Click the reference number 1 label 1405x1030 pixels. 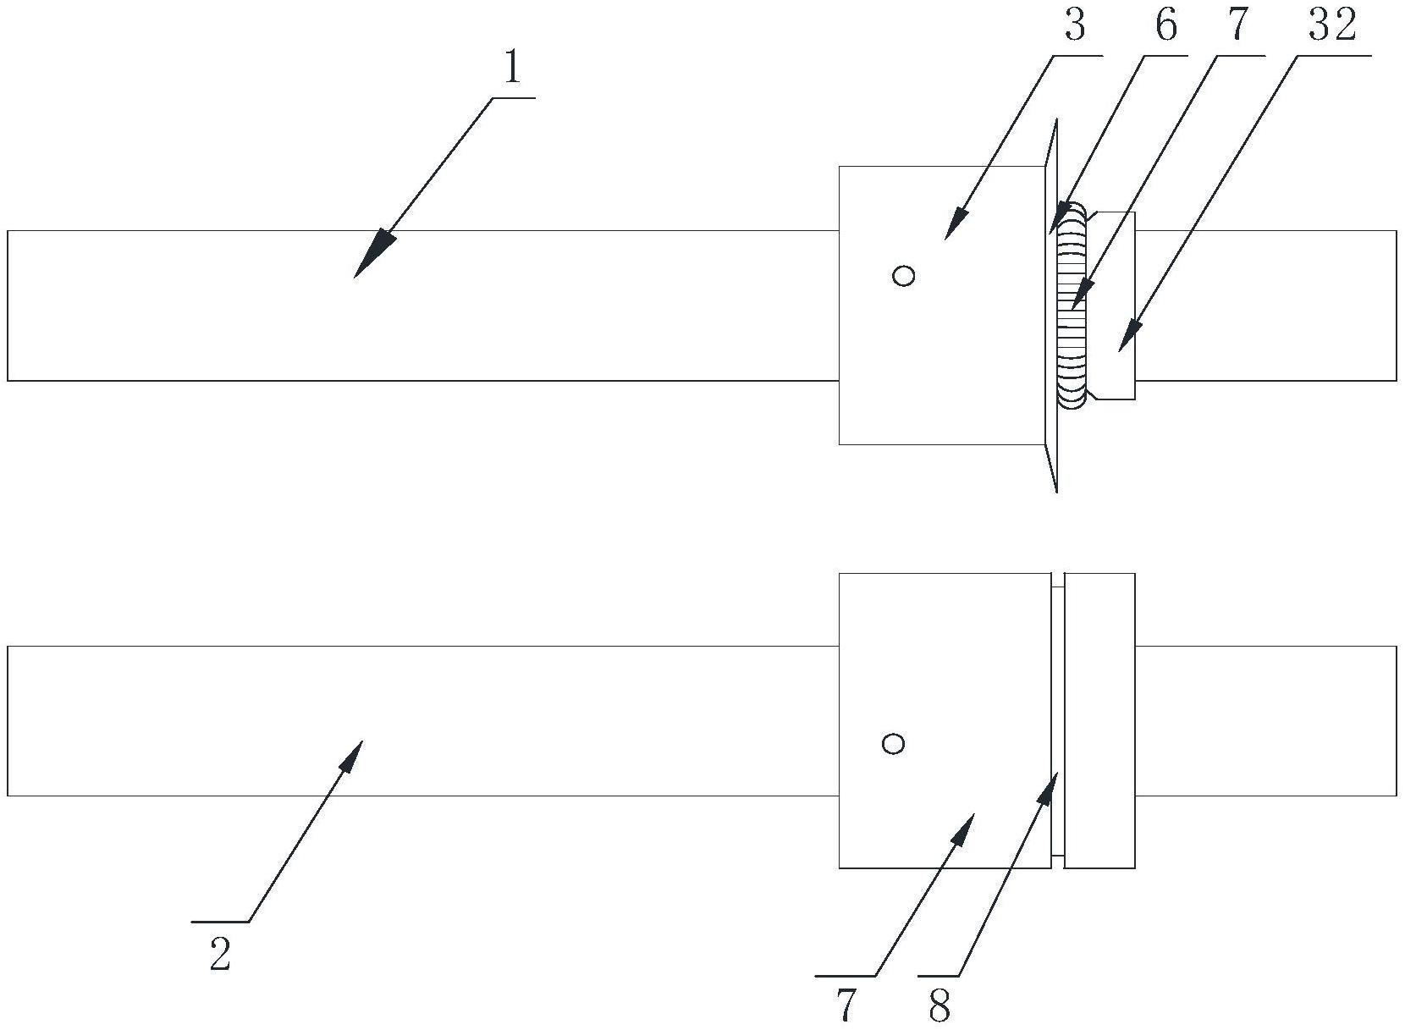coord(511,69)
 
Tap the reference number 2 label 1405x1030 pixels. coord(219,956)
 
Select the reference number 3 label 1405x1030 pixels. coord(1074,26)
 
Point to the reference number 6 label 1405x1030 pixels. coord(1165,26)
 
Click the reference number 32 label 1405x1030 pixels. coord(1332,26)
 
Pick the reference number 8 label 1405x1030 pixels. coord(939,1006)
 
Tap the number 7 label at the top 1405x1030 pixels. coord(1237,26)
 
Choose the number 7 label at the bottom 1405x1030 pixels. coord(846,1006)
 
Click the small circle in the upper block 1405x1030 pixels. coord(904,276)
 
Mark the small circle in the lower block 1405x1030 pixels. coord(893,744)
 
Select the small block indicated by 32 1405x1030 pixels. coord(1114,306)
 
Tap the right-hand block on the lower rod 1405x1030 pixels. coord(1099,720)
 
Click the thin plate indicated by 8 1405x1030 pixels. coord(1058,720)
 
